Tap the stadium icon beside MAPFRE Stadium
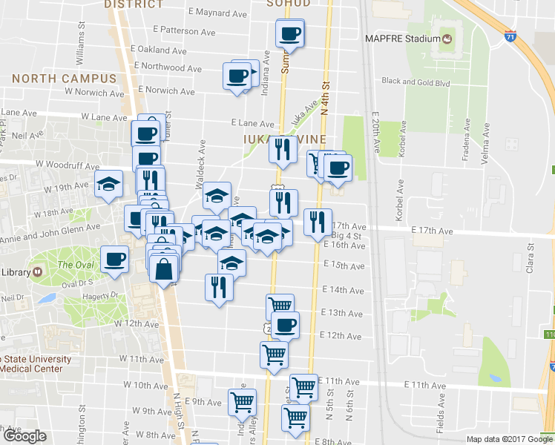pyautogui.click(x=447, y=38)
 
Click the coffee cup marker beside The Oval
pyautogui.click(x=114, y=260)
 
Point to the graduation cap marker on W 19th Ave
pyautogui.click(x=109, y=185)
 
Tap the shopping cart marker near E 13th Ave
pyautogui.click(x=280, y=306)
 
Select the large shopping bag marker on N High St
pyautogui.click(x=164, y=271)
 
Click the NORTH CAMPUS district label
pyautogui.click(x=65, y=79)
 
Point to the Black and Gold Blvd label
pyautogui.click(x=416, y=82)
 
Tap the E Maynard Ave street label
pyautogui.click(x=222, y=12)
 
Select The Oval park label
pyautogui.click(x=75, y=265)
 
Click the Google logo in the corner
pyautogui.click(x=24, y=436)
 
